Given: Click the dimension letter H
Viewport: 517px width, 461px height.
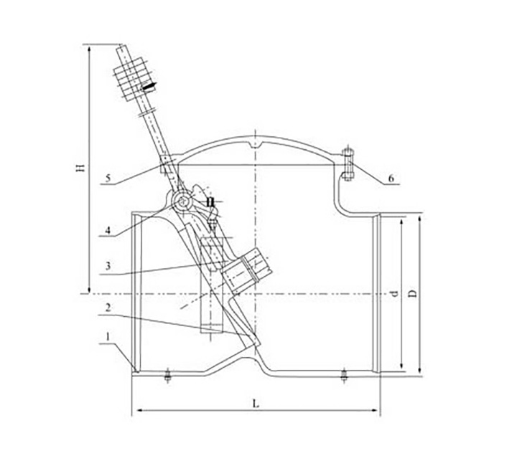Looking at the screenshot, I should click(81, 168).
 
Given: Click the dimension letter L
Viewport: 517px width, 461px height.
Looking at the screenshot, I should click(257, 404).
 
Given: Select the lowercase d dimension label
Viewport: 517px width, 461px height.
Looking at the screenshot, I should click(393, 293).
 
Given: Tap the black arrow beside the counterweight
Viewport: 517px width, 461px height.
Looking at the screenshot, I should click(149, 86).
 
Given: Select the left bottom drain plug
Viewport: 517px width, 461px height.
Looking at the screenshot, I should click(167, 376).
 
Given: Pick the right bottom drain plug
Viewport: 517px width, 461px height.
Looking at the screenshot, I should click(343, 375).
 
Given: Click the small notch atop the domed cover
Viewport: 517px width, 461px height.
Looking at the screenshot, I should click(258, 148).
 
